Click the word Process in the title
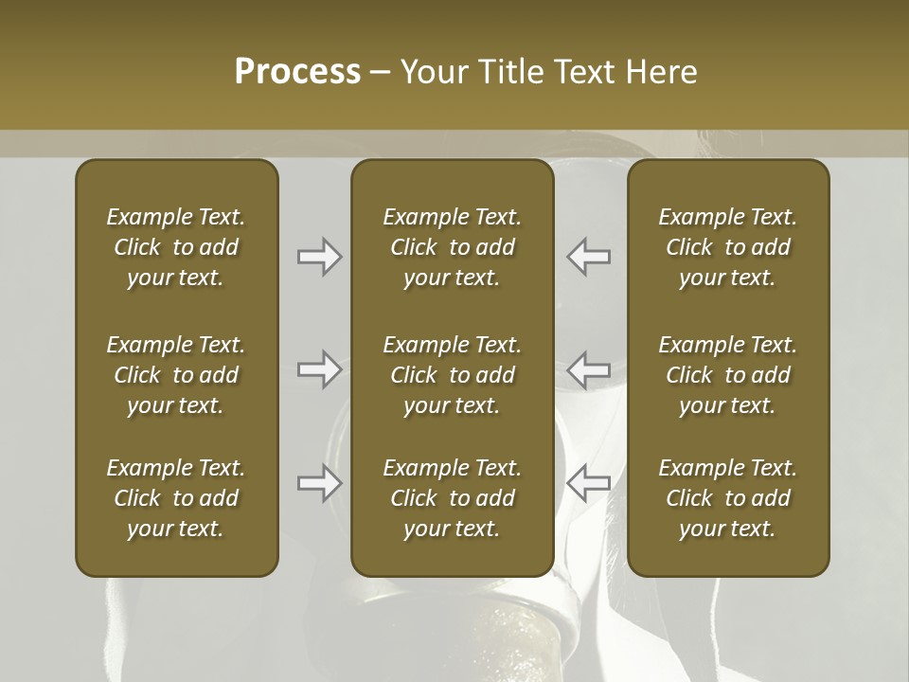[297, 71]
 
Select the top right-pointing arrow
[320, 257]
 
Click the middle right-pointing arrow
[320, 369]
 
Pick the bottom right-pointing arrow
[320, 483]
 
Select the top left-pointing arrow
[589, 257]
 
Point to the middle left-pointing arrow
[589, 369]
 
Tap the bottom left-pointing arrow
[589, 483]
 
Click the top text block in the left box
[176, 247]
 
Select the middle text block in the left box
[176, 375]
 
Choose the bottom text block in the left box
[176, 498]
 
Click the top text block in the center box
[453, 247]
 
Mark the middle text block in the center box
[453, 375]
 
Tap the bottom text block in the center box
[453, 498]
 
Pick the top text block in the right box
[728, 247]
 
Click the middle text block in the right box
[728, 375]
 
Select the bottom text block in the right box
[728, 498]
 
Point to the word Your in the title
[433, 71]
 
